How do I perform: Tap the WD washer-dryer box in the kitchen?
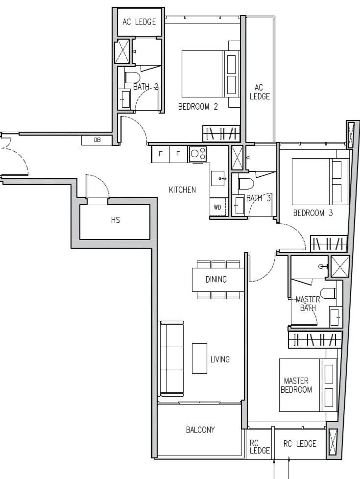217,207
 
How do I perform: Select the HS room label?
115,220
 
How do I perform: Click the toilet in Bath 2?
132,78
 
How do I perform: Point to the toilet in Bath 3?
246,184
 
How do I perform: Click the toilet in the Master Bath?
329,293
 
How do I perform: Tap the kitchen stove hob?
198,153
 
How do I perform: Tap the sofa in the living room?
171,359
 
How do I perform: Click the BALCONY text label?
200,430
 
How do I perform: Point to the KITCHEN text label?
182,190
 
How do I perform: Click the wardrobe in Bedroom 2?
221,133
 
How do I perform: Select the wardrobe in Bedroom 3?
329,243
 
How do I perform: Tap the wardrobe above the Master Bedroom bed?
314,339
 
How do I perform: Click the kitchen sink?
218,178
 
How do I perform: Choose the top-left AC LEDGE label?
139,22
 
